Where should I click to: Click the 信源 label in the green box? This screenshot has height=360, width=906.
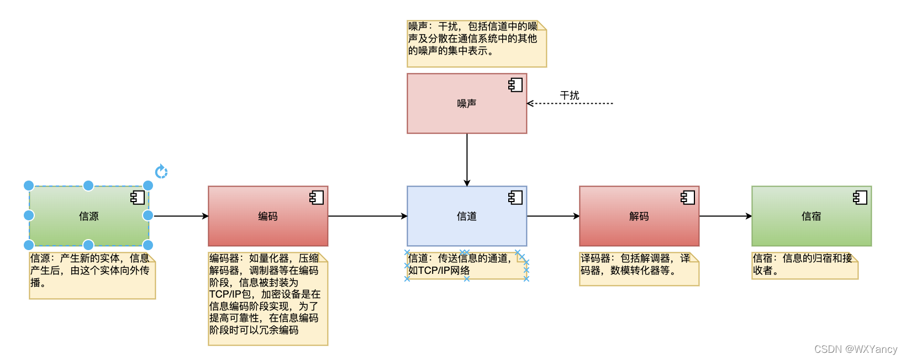click(88, 216)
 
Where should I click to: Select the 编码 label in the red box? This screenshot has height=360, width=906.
click(268, 216)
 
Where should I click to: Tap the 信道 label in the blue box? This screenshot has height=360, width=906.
click(467, 216)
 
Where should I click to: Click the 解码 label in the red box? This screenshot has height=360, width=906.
click(639, 216)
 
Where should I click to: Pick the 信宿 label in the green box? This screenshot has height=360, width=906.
click(812, 216)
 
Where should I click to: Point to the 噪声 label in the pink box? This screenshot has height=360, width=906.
click(467, 104)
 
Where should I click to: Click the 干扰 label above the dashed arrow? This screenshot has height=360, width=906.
click(570, 96)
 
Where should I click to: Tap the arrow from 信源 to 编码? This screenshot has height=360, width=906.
click(180, 216)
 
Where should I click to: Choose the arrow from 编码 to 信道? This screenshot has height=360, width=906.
click(367, 216)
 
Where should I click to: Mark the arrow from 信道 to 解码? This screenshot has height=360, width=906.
click(552, 216)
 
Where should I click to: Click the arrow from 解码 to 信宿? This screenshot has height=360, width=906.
click(725, 216)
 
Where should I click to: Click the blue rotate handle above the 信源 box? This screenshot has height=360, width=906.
click(161, 172)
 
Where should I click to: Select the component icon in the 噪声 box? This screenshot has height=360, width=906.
click(515, 85)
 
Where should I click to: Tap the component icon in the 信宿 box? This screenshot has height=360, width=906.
click(860, 198)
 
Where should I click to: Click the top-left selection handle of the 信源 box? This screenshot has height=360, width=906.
click(29, 186)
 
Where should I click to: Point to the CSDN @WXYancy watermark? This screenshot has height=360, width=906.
click(856, 349)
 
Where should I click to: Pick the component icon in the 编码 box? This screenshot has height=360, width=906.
click(317, 198)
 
